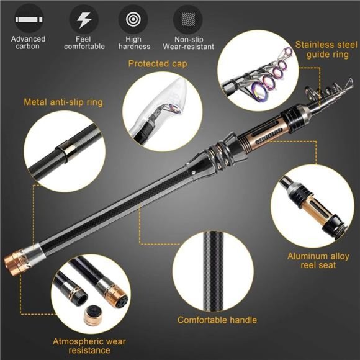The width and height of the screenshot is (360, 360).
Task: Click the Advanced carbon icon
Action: [x=28, y=19]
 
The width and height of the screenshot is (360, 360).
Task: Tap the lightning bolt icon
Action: [x=83, y=19]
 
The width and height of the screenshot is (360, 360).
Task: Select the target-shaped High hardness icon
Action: [x=133, y=19]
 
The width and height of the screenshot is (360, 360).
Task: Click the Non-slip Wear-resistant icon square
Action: [x=188, y=19]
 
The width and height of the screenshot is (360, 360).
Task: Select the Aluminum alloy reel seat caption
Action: [x=318, y=260]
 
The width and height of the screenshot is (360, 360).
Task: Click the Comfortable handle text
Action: [x=217, y=320]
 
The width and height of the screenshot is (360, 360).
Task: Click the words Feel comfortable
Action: [x=83, y=43]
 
